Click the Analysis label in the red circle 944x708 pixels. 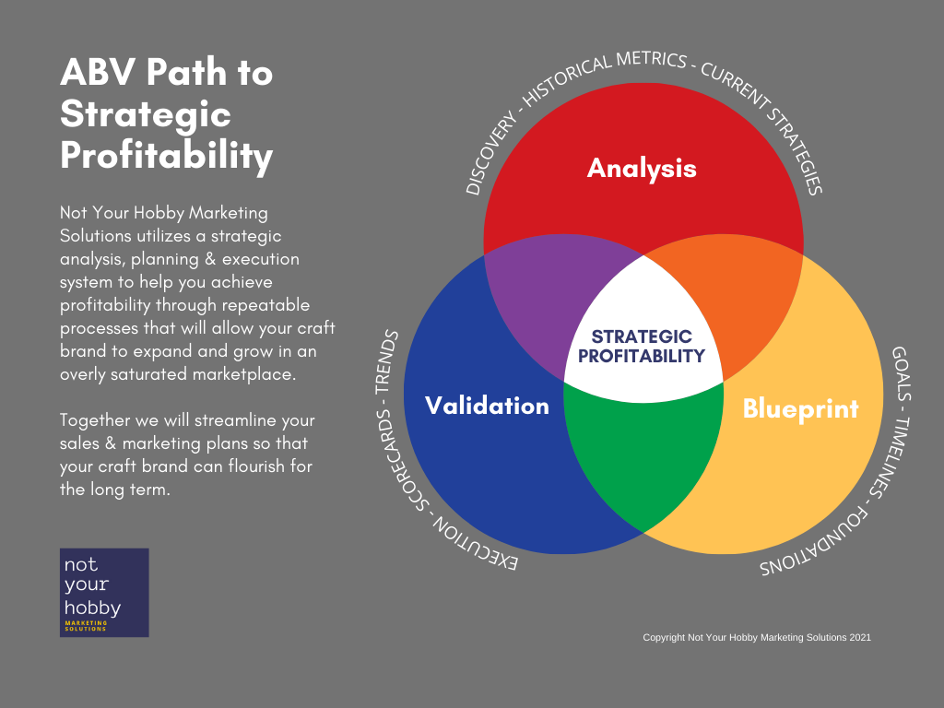[x=642, y=168]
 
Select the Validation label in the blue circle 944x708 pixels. [x=487, y=406]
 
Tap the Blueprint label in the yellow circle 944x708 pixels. [x=800, y=408]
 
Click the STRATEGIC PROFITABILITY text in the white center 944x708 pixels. [x=642, y=347]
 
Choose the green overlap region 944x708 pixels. [x=643, y=461]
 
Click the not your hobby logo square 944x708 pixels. [x=104, y=593]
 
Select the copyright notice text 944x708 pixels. [x=756, y=637]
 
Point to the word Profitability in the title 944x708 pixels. [x=167, y=156]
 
